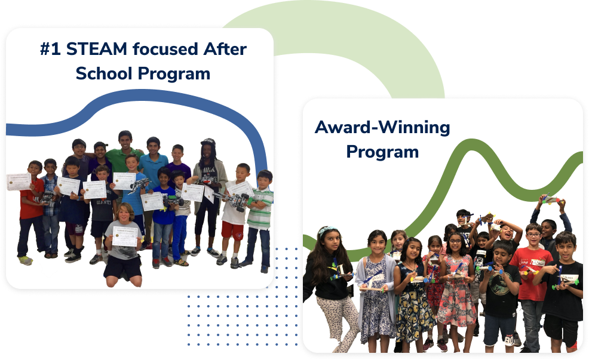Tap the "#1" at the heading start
coord(51,49)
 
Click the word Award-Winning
coord(382,127)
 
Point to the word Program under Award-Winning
coord(382,152)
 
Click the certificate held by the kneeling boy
coord(125,235)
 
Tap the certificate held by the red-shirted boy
coord(19,181)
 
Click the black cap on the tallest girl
coord(208,141)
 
